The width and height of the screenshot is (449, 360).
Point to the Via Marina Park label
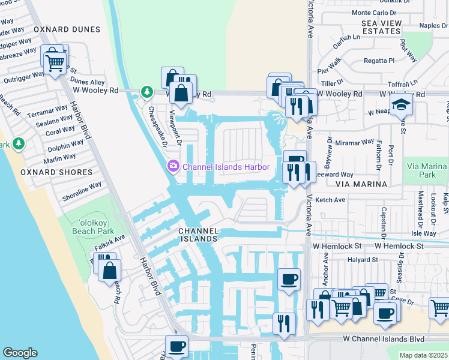tap(428, 170)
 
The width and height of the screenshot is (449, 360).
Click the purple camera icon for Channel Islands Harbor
tap(173, 166)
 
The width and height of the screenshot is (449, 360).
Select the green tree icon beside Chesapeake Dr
tap(146, 92)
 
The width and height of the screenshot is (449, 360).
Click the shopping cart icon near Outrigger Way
tap(55, 62)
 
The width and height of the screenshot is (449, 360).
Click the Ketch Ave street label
tap(330, 200)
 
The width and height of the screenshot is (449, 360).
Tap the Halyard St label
tap(362, 260)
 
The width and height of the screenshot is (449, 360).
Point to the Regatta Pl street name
tap(379, 61)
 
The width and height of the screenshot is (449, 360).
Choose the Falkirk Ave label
tap(109, 242)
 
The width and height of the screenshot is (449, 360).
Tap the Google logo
tap(20, 353)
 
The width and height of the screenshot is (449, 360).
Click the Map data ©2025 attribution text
tap(424, 355)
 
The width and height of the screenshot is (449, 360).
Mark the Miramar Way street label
tap(355, 143)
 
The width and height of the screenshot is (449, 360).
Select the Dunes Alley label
tap(87, 82)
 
